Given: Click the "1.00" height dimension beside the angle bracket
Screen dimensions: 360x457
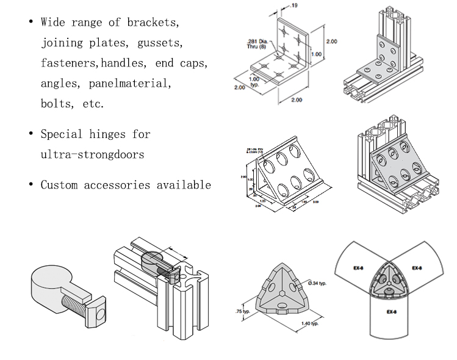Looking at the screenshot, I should (x=315, y=54).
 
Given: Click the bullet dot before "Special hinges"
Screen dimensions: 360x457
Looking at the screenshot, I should (x=31, y=134).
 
